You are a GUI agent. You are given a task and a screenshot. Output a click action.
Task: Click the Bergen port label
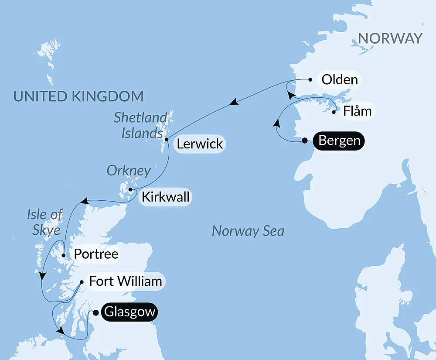click(339, 141)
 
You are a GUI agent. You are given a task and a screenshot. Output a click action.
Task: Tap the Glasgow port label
click(129, 312)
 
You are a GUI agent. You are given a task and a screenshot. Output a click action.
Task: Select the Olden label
click(339, 80)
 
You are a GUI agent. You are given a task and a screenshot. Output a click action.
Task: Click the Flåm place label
click(357, 111)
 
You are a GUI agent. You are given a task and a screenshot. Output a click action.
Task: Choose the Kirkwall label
click(165, 197)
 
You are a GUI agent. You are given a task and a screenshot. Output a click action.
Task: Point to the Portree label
click(96, 254)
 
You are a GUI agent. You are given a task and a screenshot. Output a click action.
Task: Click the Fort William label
click(126, 281)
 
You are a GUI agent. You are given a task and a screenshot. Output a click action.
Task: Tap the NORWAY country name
click(390, 38)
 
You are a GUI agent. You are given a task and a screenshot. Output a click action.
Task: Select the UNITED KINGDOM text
click(78, 96)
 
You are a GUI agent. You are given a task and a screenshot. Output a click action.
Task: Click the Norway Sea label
click(248, 231)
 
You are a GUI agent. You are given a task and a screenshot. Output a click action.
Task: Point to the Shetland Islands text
click(141, 125)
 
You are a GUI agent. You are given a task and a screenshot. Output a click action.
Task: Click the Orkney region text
click(129, 171)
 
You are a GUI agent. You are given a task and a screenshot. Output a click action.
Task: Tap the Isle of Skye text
click(45, 222)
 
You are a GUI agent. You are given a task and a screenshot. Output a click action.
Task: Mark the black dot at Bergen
click(305, 141)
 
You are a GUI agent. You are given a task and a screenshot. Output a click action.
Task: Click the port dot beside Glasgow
click(96, 312)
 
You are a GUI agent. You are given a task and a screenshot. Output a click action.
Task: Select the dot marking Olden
click(310, 80)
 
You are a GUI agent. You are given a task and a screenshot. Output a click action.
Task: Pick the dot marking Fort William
click(82, 282)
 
